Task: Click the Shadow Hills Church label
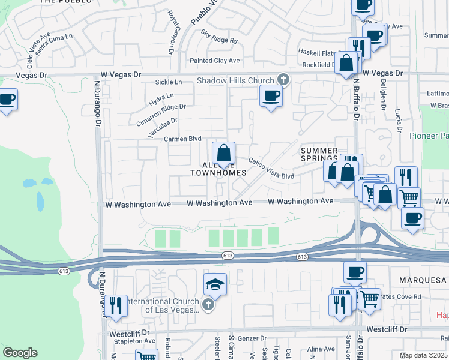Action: coord(236,81)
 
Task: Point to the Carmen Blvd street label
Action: coord(182,139)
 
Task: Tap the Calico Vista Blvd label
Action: coord(272,168)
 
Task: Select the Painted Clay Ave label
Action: coord(214,61)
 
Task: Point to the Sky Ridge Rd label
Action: coord(220,37)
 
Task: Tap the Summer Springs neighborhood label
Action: coord(320,154)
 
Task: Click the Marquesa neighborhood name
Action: coord(423,280)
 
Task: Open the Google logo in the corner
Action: coord(20,353)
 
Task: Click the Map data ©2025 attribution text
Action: coord(424,355)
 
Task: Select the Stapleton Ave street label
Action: coord(131,340)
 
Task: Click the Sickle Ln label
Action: coord(168,82)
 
